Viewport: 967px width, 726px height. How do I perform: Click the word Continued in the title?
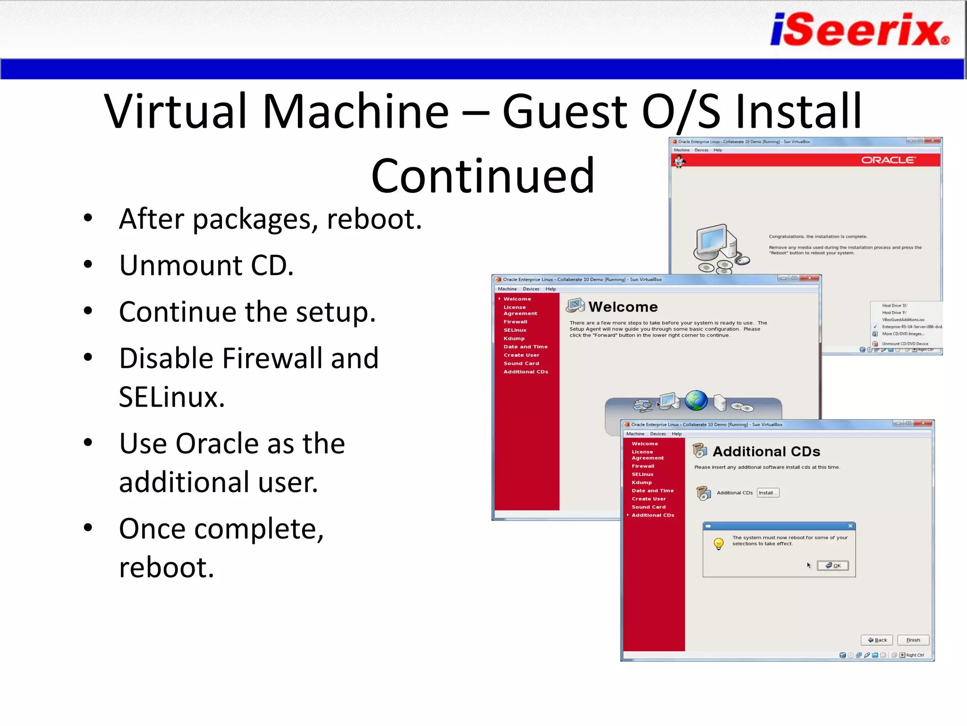click(x=482, y=176)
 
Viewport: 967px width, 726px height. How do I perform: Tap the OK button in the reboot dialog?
click(x=832, y=565)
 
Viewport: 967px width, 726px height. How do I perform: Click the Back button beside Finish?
click(x=877, y=640)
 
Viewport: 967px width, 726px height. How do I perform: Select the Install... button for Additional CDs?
click(x=767, y=493)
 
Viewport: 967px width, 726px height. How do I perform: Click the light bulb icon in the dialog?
click(x=718, y=544)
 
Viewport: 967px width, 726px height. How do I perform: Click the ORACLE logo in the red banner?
click(x=888, y=160)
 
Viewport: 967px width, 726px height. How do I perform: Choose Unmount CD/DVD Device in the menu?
click(x=904, y=344)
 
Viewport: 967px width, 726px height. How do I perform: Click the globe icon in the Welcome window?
click(x=696, y=400)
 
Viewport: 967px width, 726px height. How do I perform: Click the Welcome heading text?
click(x=622, y=307)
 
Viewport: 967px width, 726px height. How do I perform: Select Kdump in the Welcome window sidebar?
click(x=514, y=338)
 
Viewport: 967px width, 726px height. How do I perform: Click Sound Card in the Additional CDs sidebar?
click(x=648, y=507)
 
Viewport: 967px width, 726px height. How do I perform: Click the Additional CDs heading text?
click(x=766, y=451)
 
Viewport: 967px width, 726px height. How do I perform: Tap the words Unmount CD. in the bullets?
click(x=206, y=265)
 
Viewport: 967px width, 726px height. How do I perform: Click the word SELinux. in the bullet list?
click(x=171, y=397)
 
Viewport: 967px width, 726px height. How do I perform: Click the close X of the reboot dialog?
click(x=850, y=526)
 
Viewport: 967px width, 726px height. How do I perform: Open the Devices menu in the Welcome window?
click(x=531, y=289)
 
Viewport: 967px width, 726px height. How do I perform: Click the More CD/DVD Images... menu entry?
click(x=902, y=334)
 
